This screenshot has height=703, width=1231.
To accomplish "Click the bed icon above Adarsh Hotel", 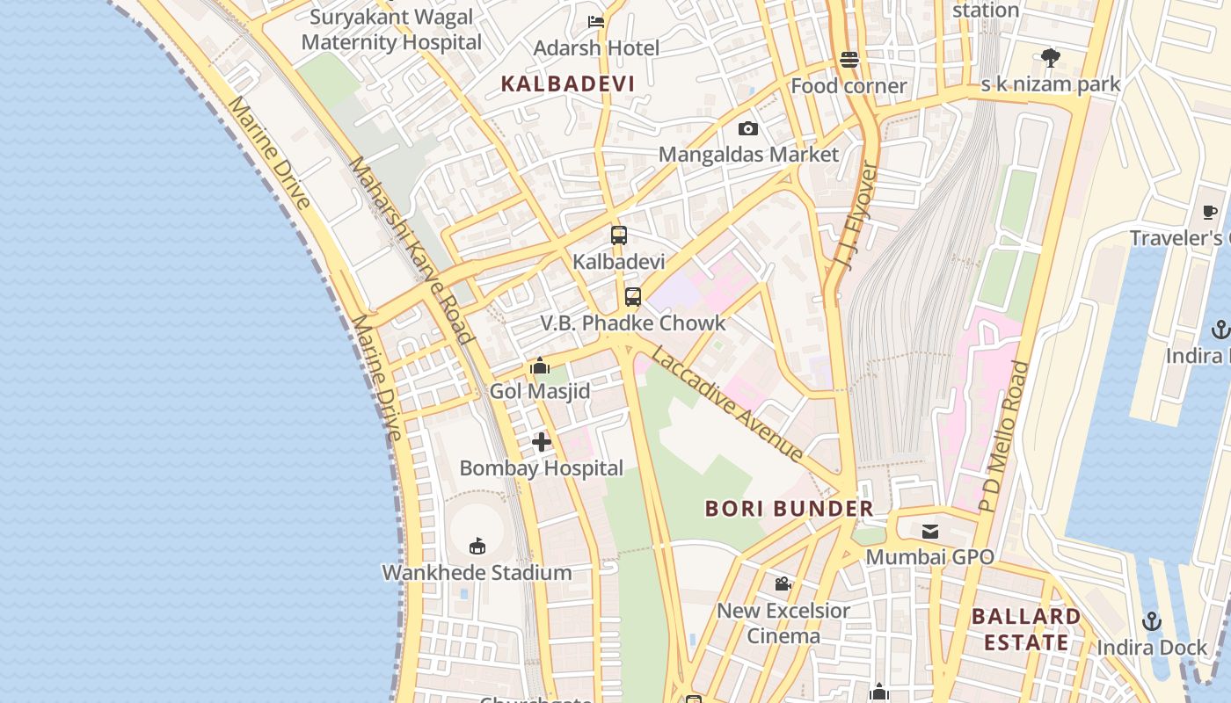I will pos(596,22).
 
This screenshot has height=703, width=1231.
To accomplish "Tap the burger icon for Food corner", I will pos(849,60).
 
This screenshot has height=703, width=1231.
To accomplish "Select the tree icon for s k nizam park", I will pos(1050,58).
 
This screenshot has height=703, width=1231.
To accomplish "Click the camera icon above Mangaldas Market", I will pos(748,128).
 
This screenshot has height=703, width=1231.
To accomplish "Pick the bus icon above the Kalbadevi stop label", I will pos(619,236).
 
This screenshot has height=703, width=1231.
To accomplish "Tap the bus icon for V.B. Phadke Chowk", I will pos(633,297).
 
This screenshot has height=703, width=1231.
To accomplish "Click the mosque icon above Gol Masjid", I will pos(540,366).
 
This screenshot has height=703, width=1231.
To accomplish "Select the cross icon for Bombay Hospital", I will pos(542,442).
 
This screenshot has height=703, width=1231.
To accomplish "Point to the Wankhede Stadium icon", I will pos(477,547).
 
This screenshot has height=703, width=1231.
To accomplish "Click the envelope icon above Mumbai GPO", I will pos(930,531).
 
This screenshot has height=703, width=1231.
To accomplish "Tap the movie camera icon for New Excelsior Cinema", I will pos(783,583).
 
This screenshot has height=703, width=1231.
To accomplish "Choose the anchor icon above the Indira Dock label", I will pos(1152,622).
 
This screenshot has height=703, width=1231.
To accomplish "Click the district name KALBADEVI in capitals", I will pos(567,84).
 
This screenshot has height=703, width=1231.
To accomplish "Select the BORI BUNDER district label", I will pos(790,509).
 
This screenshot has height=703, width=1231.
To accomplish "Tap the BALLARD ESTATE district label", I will pos(1026,629).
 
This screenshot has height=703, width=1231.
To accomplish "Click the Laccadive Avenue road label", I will pos(728,405).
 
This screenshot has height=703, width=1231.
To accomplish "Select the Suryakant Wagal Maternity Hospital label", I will pos(391,30).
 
